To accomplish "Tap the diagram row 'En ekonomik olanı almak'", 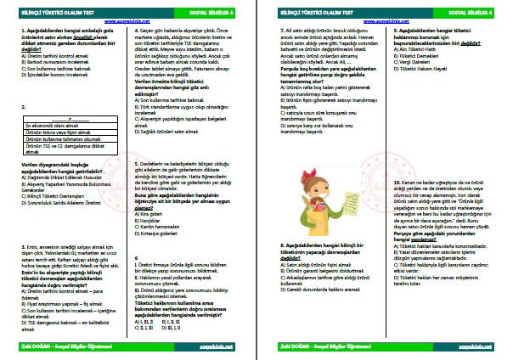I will pos(47,124).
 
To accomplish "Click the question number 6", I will pos(138,256).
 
